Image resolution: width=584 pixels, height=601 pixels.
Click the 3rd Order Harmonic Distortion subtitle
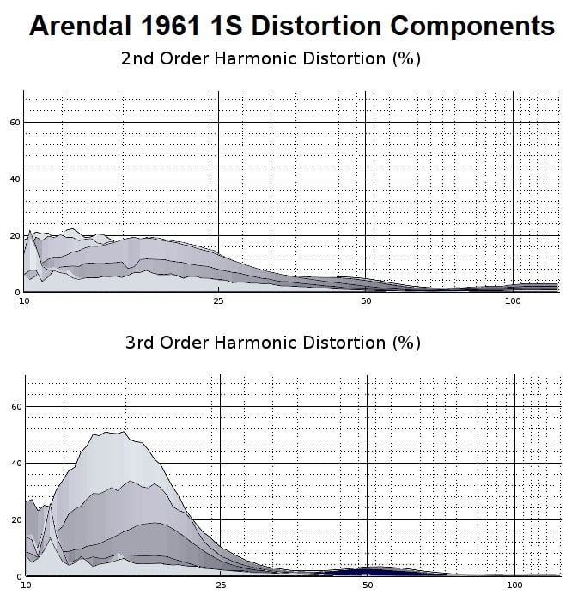click(272, 343)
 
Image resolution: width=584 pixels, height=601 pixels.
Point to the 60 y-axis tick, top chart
click(15, 122)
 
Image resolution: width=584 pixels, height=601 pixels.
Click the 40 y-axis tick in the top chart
click(15, 179)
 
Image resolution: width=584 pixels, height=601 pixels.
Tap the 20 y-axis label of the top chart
click(15, 235)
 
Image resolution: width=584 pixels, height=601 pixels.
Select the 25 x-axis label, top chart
click(218, 301)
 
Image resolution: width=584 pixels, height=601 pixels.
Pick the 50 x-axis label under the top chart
click(366, 301)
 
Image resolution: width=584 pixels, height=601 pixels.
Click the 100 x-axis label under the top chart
click(513, 301)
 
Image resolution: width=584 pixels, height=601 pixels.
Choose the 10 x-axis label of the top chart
click(24, 301)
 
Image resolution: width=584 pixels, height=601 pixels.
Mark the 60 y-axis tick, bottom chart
click(15, 406)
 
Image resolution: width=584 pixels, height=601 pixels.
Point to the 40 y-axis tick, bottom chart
click(15, 463)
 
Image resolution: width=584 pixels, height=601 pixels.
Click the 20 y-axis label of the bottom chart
click(15, 519)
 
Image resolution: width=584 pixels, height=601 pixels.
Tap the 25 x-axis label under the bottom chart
click(221, 585)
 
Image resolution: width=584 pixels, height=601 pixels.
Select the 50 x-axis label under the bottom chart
click(368, 585)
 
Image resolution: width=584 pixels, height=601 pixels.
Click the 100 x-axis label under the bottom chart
click(514, 585)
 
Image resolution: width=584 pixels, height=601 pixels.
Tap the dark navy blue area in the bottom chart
click(368, 570)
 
